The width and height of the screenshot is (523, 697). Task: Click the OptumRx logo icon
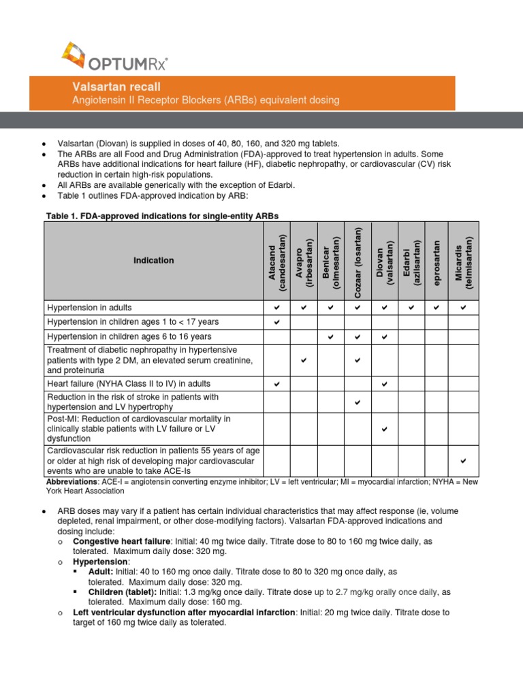tap(74, 56)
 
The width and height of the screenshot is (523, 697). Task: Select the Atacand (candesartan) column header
tap(277, 261)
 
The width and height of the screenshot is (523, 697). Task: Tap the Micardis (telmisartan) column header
tap(464, 261)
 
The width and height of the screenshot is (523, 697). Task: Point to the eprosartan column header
tap(437, 261)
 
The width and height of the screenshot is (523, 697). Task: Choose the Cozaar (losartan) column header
tap(358, 261)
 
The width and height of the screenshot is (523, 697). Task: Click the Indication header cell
tap(153, 261)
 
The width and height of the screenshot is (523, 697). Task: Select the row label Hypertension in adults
tap(89, 308)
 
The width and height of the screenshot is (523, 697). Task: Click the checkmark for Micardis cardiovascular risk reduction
tap(464, 461)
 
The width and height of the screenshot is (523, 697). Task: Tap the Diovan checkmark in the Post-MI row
tap(385, 429)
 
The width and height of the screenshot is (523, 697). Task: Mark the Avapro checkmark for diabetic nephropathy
tap(304, 359)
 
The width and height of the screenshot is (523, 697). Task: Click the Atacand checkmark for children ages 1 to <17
tap(277, 322)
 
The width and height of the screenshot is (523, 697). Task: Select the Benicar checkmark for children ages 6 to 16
tap(330, 337)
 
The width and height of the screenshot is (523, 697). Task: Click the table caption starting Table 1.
tap(162, 216)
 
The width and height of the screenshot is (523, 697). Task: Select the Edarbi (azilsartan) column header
tap(411, 261)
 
